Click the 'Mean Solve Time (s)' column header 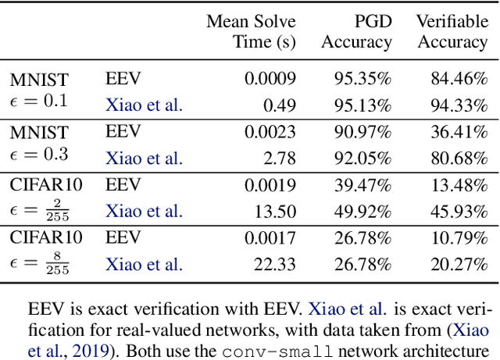251,31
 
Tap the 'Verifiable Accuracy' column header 452,31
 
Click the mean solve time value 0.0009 270,78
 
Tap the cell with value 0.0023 270,132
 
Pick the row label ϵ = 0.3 39,155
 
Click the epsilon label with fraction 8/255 39,264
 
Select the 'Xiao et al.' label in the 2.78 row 144,159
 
